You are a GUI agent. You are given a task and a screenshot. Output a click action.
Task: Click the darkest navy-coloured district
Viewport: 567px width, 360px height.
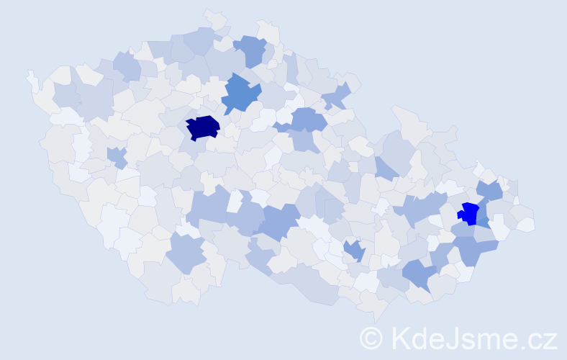point(202,127)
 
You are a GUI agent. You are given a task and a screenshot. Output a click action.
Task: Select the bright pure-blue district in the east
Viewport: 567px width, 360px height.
point(468,213)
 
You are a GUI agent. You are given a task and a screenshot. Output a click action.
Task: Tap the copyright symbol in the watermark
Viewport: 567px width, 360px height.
point(371,338)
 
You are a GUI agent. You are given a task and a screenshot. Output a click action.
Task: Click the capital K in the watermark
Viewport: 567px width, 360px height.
point(402,338)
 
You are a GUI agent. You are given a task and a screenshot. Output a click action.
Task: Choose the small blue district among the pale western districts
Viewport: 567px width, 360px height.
point(117,156)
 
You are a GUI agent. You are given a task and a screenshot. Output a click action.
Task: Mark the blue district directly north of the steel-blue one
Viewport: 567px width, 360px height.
point(252,50)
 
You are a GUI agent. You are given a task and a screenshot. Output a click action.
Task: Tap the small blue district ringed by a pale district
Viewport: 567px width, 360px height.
point(353,250)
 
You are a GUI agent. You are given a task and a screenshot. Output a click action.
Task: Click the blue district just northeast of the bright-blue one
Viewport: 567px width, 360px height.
point(490,191)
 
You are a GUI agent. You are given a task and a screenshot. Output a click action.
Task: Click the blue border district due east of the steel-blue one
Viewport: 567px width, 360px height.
point(336,94)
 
